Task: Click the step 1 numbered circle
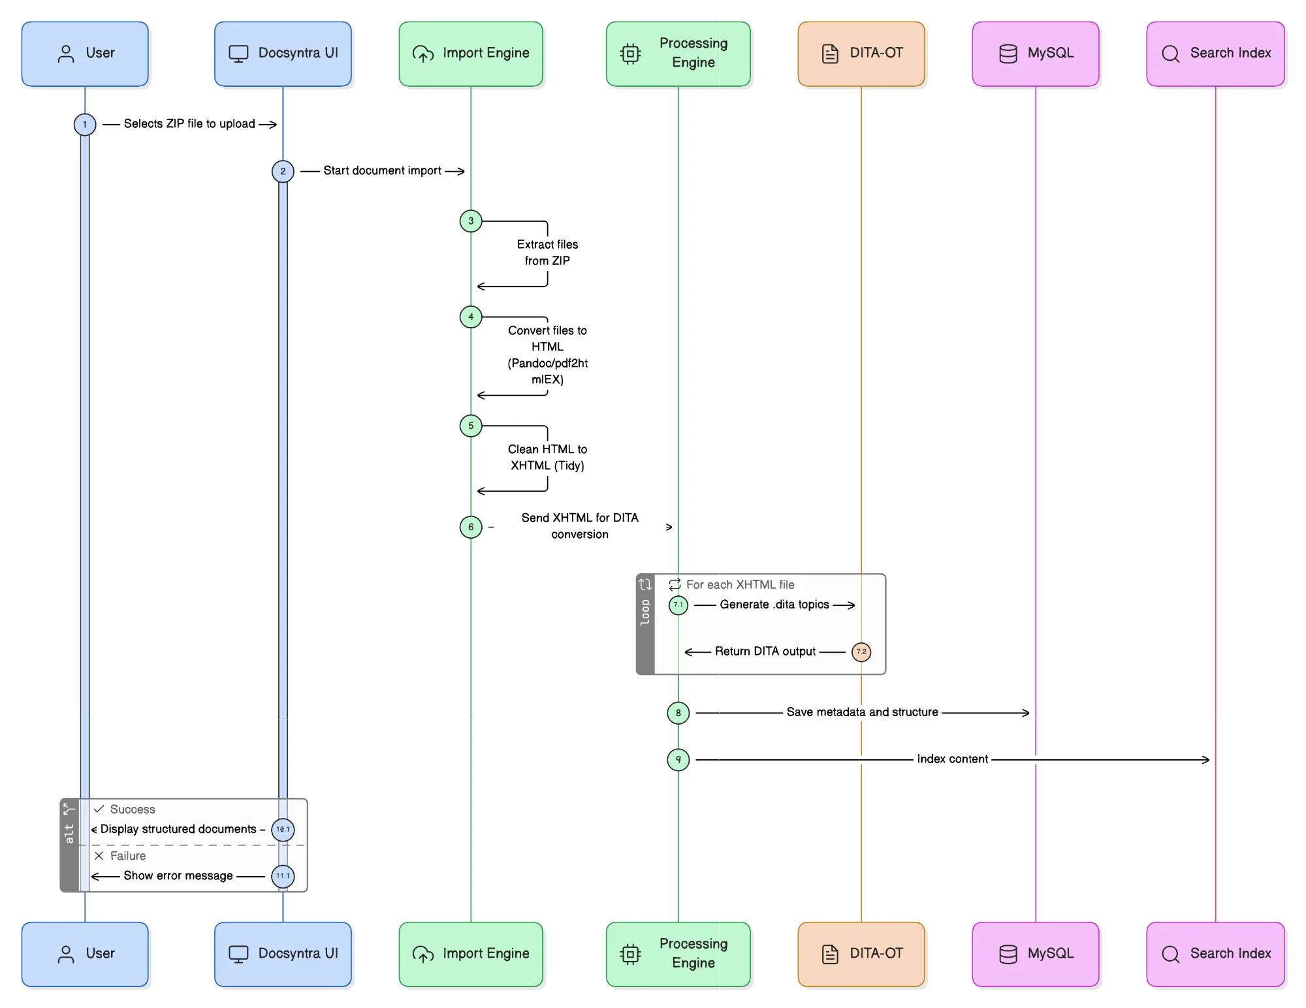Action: coord(85,125)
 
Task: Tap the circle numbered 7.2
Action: coord(861,652)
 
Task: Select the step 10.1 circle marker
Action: coord(283,830)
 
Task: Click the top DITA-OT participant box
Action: coord(861,54)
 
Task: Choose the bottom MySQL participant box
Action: coord(1035,954)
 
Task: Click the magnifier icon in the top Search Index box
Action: coord(1170,54)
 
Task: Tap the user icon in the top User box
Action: coord(66,54)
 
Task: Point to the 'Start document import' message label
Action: coord(382,171)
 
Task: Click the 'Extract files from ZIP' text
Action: coord(547,253)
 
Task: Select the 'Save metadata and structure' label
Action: coord(862,712)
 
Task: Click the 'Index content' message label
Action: coord(952,759)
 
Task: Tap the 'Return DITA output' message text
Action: coord(765,652)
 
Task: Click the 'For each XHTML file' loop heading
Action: coord(740,585)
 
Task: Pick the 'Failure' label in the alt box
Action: coord(128,856)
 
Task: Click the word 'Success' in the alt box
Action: coord(133,810)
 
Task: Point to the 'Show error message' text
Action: coord(178,876)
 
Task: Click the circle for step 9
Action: coord(678,759)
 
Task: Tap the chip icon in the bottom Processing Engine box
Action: coord(630,954)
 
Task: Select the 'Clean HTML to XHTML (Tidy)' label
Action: coord(547,458)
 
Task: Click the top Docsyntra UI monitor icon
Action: coord(238,54)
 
